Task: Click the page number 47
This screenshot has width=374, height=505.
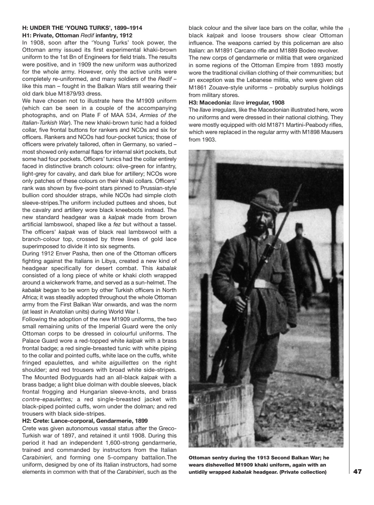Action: [x=357, y=472]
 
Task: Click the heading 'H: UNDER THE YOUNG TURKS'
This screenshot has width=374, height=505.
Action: [x=82, y=28]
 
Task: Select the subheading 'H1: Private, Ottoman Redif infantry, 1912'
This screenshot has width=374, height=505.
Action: [x=77, y=35]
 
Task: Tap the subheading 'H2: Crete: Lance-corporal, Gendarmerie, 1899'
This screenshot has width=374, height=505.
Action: [x=85, y=421]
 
